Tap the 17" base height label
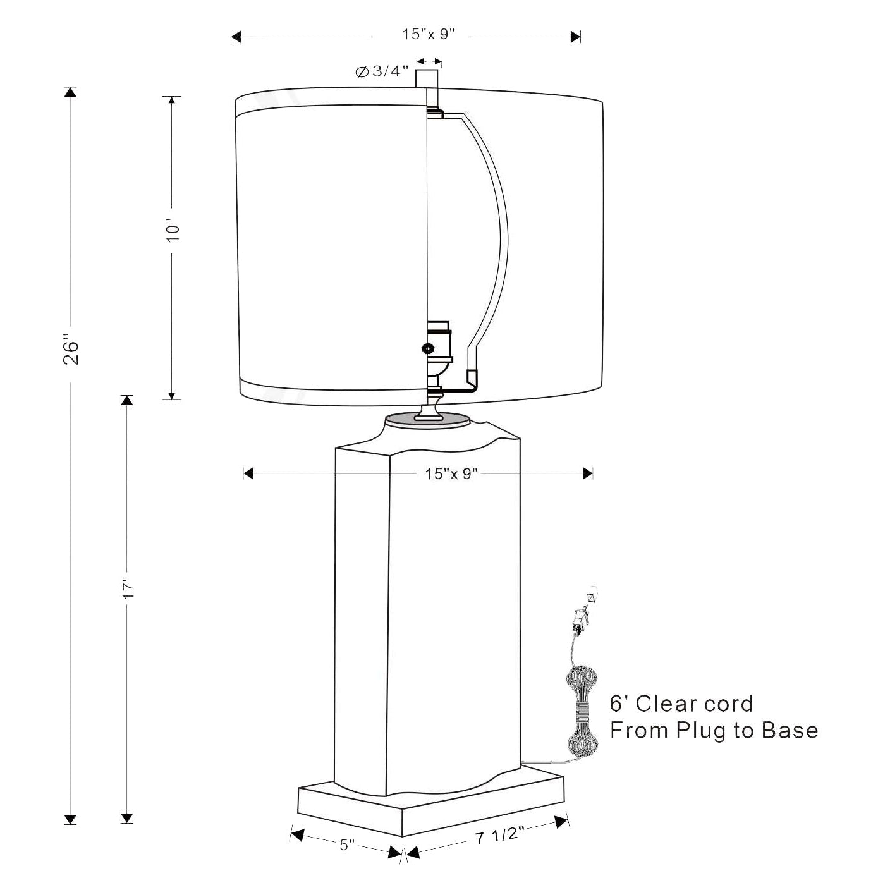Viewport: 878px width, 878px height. coord(129,588)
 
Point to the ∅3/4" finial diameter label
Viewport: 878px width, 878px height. coord(382,71)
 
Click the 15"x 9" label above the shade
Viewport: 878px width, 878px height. coord(429,35)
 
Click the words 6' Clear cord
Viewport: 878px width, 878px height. coord(681,704)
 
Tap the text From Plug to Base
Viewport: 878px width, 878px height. coord(714,730)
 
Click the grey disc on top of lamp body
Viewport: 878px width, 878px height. coord(427,419)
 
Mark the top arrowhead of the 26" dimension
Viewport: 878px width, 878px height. coord(70,92)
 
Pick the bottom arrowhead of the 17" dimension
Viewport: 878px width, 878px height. coord(128,817)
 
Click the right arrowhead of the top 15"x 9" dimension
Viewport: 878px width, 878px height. coord(575,37)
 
